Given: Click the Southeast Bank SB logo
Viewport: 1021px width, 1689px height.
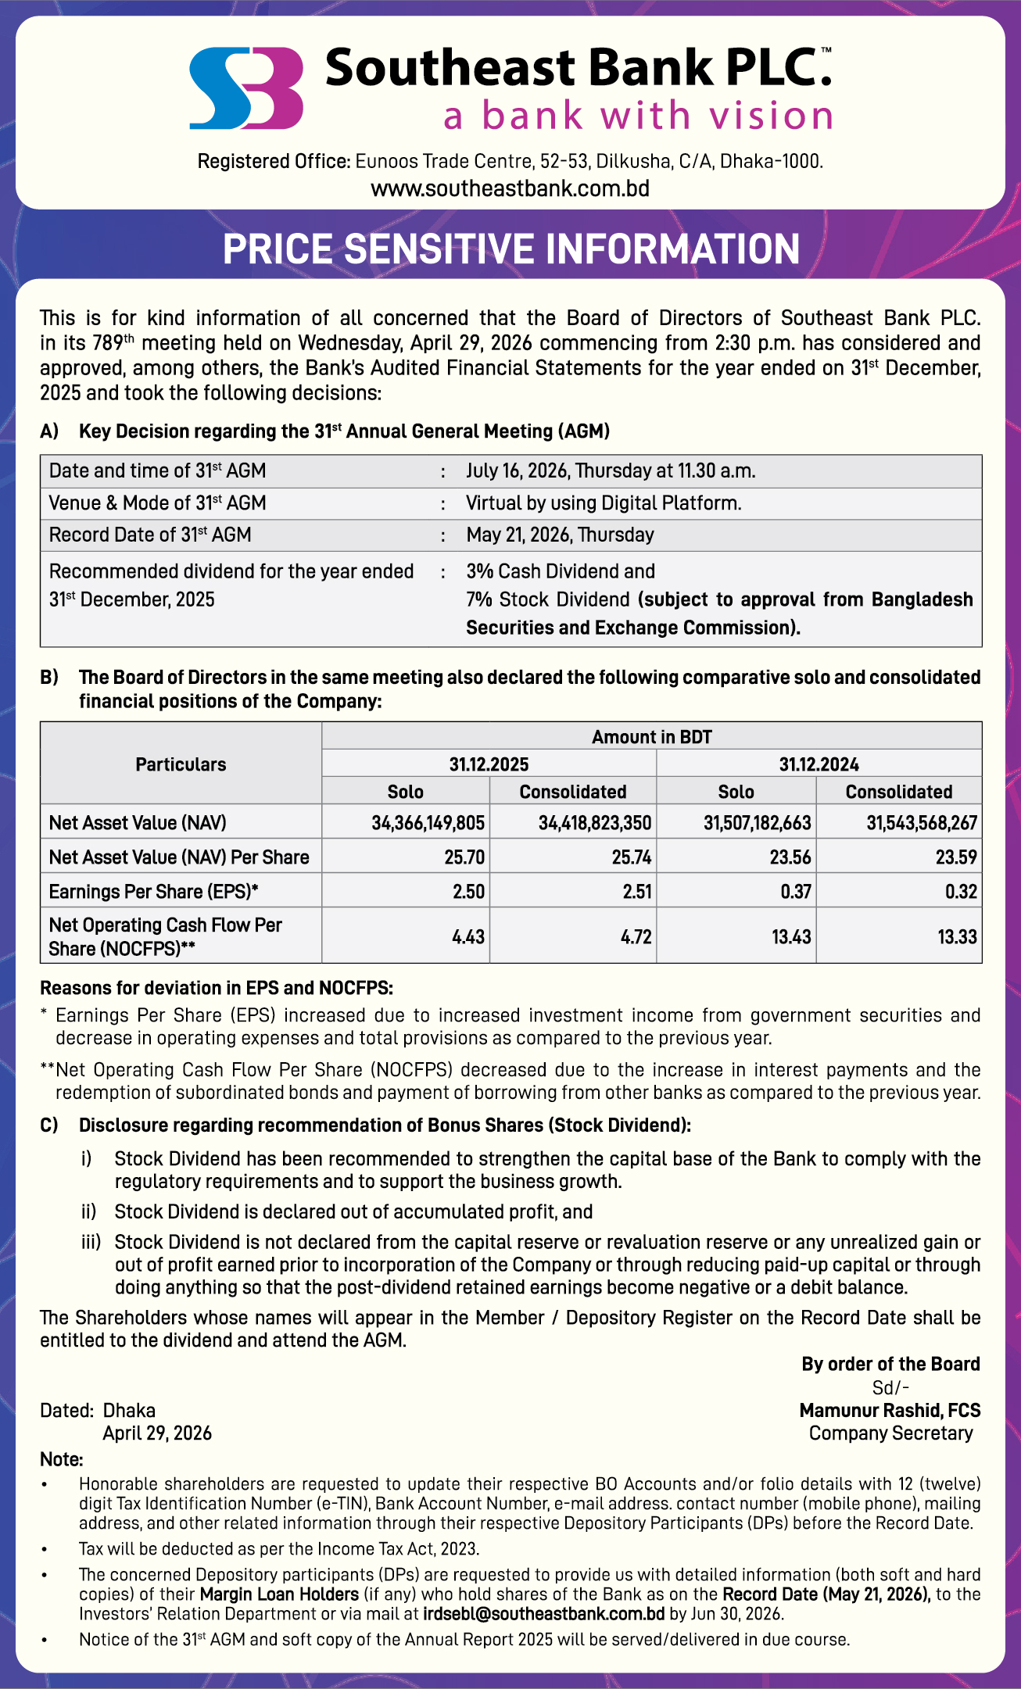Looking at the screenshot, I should (246, 88).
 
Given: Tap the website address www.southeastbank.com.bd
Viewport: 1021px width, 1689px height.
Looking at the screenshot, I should (510, 189).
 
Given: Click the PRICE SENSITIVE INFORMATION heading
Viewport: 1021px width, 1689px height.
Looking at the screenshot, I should (511, 249).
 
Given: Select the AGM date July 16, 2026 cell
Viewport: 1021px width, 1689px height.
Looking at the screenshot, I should (611, 471).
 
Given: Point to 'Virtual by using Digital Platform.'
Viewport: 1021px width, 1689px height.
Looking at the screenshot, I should (604, 503).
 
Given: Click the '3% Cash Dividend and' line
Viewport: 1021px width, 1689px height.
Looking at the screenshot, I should (561, 571).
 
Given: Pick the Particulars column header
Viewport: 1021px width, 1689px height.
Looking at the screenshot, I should (181, 764).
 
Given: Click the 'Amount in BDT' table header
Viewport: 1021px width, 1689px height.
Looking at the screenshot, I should (651, 737).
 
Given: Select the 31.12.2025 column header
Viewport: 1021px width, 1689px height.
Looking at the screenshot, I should (489, 764).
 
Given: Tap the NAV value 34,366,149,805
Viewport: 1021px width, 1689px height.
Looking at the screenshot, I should (428, 823).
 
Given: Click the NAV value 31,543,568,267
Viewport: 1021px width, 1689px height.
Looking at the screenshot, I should (921, 823).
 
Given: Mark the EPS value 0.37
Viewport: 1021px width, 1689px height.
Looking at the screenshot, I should (795, 892).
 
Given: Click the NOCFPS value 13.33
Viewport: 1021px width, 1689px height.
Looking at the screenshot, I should (957, 936).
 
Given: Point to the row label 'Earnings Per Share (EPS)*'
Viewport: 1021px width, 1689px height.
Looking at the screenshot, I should (153, 892).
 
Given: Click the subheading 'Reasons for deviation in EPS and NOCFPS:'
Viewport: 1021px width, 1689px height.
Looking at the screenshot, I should (217, 988).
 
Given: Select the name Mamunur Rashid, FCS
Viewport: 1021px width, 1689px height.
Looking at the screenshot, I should (890, 1411).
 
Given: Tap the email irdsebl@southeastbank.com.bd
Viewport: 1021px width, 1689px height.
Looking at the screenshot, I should (543, 1614).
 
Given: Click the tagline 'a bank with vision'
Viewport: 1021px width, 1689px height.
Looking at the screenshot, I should (638, 116).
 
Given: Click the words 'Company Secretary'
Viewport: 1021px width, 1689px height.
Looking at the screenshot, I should (890, 1433).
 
